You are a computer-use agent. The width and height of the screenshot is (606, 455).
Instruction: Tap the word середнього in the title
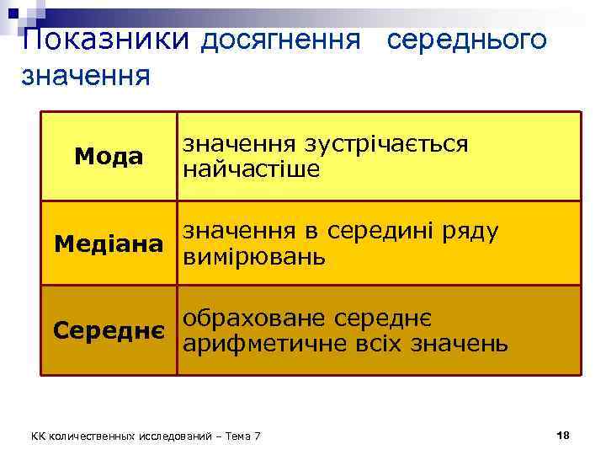468,40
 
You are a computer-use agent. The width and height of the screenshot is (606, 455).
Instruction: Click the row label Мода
109,157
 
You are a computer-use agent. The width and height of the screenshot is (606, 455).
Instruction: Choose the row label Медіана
109,244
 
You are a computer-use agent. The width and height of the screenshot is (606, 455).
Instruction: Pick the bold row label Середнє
109,329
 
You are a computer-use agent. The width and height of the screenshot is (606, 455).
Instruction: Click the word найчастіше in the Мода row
252,169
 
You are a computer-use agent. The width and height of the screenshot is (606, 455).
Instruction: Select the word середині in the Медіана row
384,230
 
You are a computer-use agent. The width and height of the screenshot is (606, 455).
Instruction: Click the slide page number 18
563,435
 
